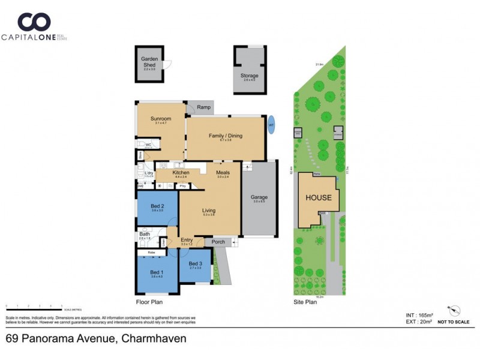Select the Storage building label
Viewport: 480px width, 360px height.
pos(250,76)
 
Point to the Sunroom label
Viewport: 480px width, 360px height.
pos(160,119)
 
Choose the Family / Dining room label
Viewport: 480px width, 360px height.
pos(225,136)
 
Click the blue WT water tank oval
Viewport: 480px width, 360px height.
pos(271,125)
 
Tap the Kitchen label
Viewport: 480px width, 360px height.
pos(164,173)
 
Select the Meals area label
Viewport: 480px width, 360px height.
pos(223,173)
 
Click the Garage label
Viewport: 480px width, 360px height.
pos(259,197)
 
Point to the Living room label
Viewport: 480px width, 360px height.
pos(208,211)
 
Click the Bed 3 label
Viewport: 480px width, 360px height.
pos(195,264)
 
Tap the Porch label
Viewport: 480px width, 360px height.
pos(218,242)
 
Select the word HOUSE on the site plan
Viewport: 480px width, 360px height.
pos(319,197)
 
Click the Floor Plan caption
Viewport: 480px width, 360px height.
pos(149,302)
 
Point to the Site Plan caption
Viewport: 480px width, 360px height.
pos(305,302)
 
